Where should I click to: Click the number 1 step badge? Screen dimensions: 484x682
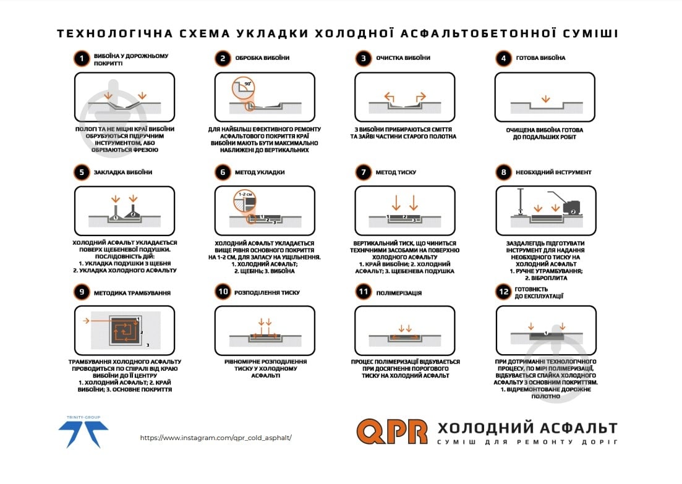(81, 59)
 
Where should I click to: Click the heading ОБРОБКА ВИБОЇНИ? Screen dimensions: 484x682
(262, 58)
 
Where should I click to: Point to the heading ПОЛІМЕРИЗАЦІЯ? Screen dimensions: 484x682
(399, 292)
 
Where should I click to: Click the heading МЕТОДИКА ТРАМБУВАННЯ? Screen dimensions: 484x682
(132, 292)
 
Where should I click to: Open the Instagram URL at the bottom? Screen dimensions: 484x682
(216, 438)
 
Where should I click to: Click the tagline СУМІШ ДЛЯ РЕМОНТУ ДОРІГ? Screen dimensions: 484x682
(527, 442)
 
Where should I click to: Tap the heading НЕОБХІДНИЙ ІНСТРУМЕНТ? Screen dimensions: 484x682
(553, 172)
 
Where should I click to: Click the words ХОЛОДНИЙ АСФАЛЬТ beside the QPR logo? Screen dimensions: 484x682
(527, 428)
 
